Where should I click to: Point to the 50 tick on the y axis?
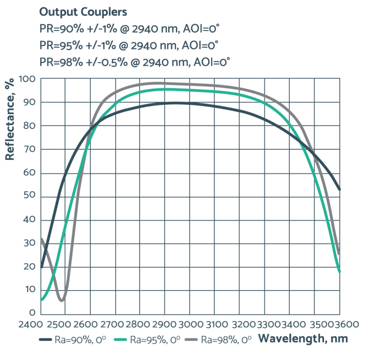pyautogui.click(x=29, y=196)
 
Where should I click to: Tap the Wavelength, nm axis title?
pyautogui.click(x=303, y=339)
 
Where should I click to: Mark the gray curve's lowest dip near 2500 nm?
pyautogui.click(x=62, y=300)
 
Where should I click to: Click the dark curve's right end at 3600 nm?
pyautogui.click(x=339, y=189)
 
